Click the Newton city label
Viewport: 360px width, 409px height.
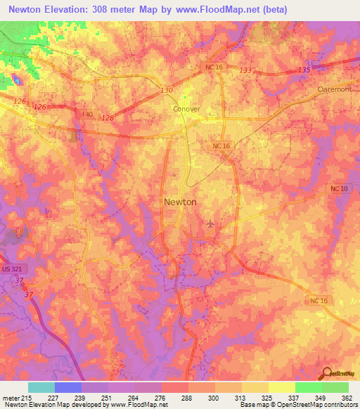180,202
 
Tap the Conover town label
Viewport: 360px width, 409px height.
186,110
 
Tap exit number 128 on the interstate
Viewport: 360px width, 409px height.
108,117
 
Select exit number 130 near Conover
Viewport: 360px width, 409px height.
166,91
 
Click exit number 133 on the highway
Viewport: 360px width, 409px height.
245,71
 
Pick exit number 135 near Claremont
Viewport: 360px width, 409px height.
304,70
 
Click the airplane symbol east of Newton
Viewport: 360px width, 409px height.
210,224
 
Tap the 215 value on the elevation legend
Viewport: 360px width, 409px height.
21,397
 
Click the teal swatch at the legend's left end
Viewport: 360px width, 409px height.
41,387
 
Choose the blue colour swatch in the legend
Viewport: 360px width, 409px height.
67,387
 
